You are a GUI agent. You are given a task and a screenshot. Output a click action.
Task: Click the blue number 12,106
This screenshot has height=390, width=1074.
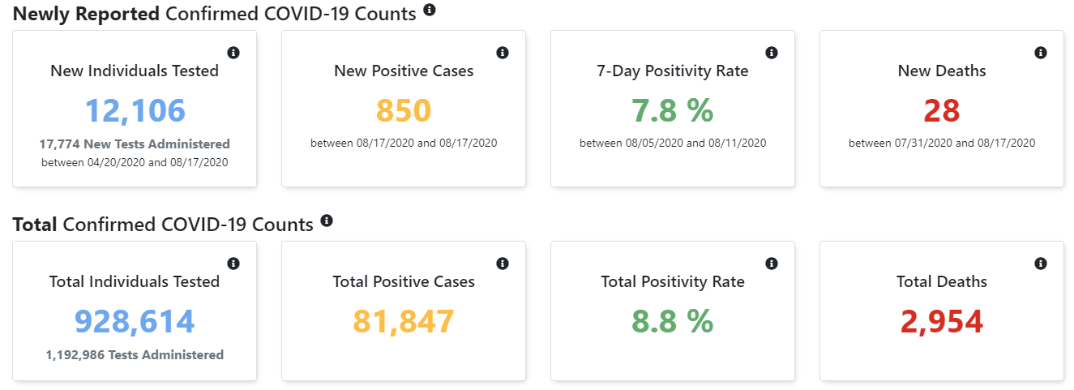(x=135, y=111)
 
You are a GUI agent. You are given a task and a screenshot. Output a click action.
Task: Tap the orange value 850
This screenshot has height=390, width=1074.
(x=404, y=111)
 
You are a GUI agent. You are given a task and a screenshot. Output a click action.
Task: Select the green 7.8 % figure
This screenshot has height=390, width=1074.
(x=673, y=111)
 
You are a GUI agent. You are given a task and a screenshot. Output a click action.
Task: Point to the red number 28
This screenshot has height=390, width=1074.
(x=942, y=111)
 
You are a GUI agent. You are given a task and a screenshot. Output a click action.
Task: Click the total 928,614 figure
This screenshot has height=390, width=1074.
(x=135, y=322)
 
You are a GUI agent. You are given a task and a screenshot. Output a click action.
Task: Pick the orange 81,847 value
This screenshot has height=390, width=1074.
(x=404, y=322)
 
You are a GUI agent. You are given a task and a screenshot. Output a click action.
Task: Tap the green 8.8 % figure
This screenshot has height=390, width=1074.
(x=673, y=322)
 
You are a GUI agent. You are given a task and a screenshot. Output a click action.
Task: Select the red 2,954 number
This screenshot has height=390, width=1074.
(x=942, y=322)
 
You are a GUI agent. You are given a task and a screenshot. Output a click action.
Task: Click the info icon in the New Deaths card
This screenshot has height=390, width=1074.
(x=1041, y=53)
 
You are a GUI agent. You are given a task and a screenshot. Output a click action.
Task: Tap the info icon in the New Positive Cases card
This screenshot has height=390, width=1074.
(x=503, y=53)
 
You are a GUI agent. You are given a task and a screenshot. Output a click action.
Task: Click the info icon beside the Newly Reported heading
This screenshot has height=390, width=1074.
(x=430, y=10)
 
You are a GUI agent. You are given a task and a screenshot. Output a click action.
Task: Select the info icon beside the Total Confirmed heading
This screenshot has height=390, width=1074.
(x=327, y=221)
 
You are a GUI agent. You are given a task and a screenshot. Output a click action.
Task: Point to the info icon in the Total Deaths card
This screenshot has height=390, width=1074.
(x=1041, y=264)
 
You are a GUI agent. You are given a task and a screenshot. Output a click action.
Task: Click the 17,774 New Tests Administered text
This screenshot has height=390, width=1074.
(x=135, y=144)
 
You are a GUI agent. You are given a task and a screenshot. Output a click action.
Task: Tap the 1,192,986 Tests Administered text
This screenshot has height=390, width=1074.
(x=135, y=354)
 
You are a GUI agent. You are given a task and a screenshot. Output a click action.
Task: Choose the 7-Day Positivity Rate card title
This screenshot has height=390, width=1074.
(x=673, y=71)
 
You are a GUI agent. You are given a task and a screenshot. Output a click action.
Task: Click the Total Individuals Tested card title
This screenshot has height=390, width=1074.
(x=135, y=282)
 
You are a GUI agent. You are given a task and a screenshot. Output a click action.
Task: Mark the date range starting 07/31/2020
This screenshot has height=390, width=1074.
(x=942, y=144)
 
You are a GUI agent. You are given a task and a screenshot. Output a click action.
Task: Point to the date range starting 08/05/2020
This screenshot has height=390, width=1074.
(x=673, y=144)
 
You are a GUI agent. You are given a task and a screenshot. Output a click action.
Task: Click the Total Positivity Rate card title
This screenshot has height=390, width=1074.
(x=673, y=282)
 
